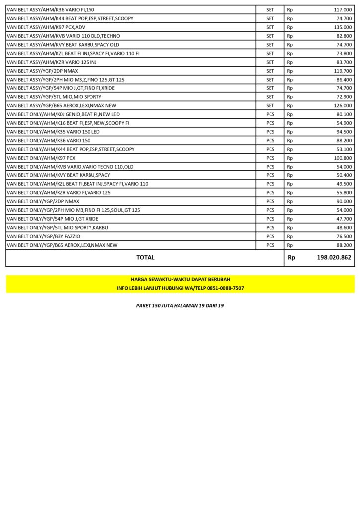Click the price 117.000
(x=343, y=10)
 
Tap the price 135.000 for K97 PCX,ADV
(x=343, y=27)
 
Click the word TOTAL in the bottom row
(x=145, y=258)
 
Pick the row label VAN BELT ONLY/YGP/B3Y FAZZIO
(x=43, y=236)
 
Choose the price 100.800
(x=343, y=158)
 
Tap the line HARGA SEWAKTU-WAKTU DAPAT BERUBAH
(x=180, y=280)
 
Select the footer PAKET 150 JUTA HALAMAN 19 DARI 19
(x=180, y=306)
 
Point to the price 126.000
(x=343, y=106)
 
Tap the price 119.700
(x=343, y=71)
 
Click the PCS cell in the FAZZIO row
(x=270, y=236)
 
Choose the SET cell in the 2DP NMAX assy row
(x=270, y=71)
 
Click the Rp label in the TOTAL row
(x=291, y=258)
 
